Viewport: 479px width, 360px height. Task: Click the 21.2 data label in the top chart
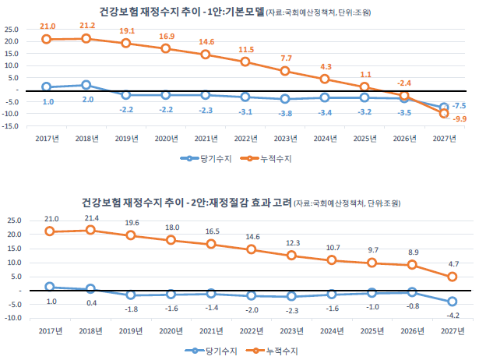tap(86, 26)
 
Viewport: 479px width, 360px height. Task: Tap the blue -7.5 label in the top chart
tap(460, 105)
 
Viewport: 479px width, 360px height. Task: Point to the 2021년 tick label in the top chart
tap(206, 139)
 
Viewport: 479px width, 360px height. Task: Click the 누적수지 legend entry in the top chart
tap(270, 158)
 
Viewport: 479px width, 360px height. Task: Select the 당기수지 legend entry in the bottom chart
tap(213, 351)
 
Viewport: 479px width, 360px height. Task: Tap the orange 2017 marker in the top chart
tap(47, 39)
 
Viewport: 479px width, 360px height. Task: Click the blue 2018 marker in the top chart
tap(86, 85)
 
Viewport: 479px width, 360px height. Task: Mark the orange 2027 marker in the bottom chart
tap(452, 277)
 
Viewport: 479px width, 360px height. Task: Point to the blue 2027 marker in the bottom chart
tap(452, 302)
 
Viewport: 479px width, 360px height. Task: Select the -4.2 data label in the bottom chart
tap(452, 316)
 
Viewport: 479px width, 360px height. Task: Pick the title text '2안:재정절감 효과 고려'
tap(238, 203)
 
